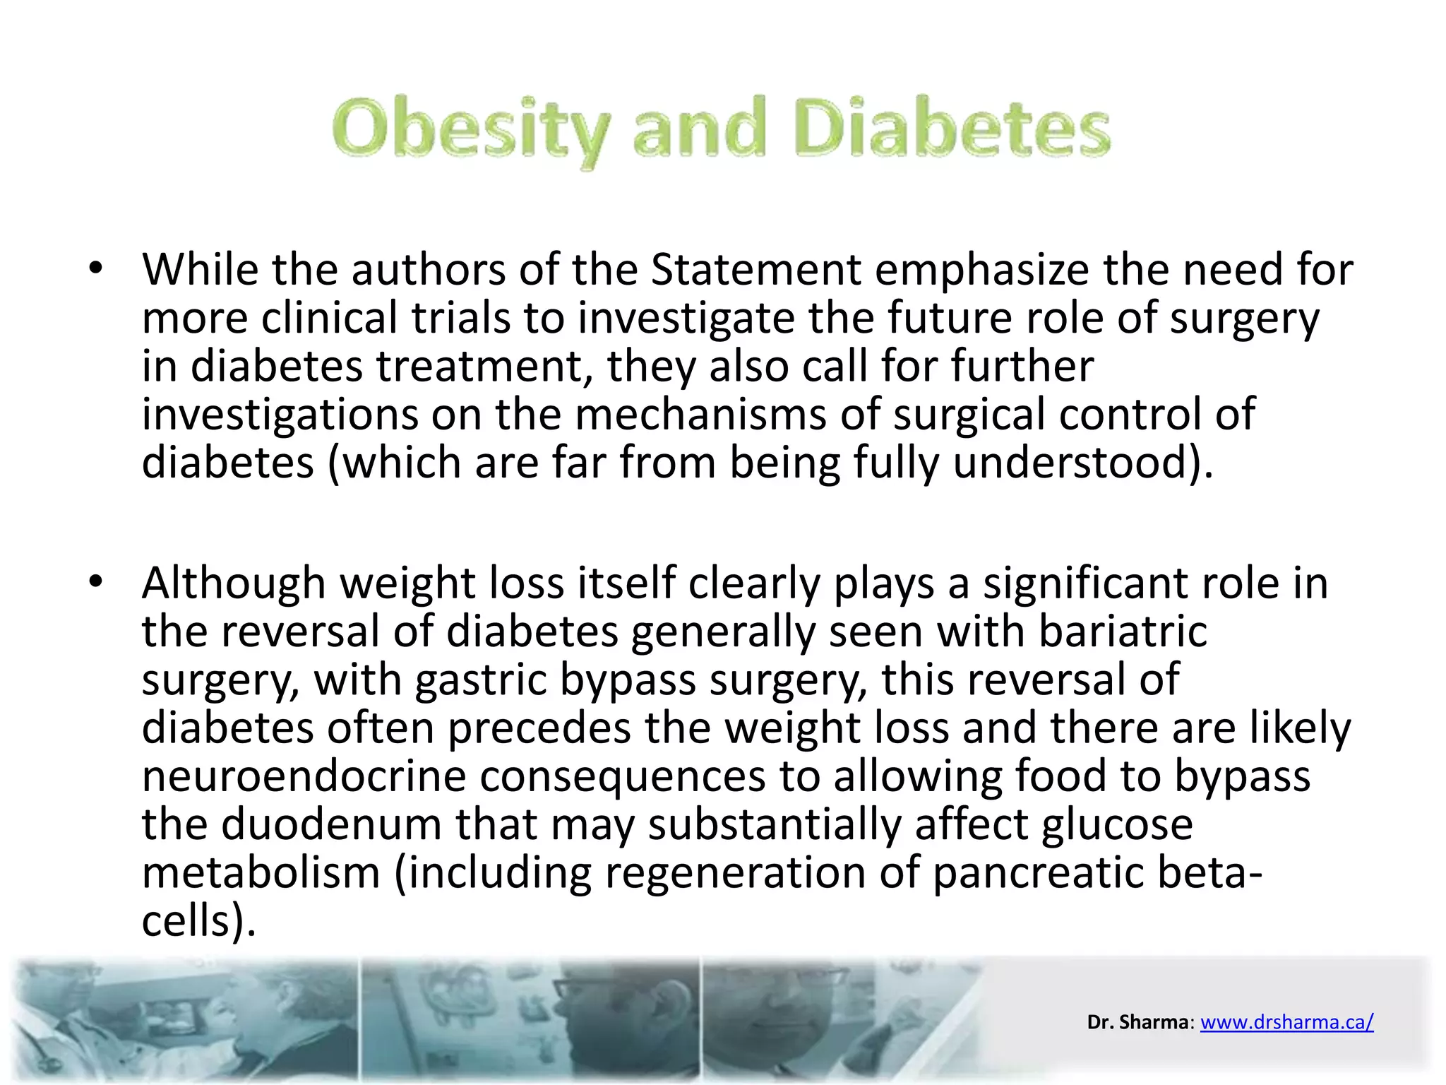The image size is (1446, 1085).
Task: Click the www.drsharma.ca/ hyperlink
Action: (1286, 1021)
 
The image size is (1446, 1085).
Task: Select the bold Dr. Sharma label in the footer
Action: (1137, 1021)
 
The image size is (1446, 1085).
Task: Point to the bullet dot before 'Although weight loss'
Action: (96, 583)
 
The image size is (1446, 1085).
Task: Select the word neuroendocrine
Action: (304, 776)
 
